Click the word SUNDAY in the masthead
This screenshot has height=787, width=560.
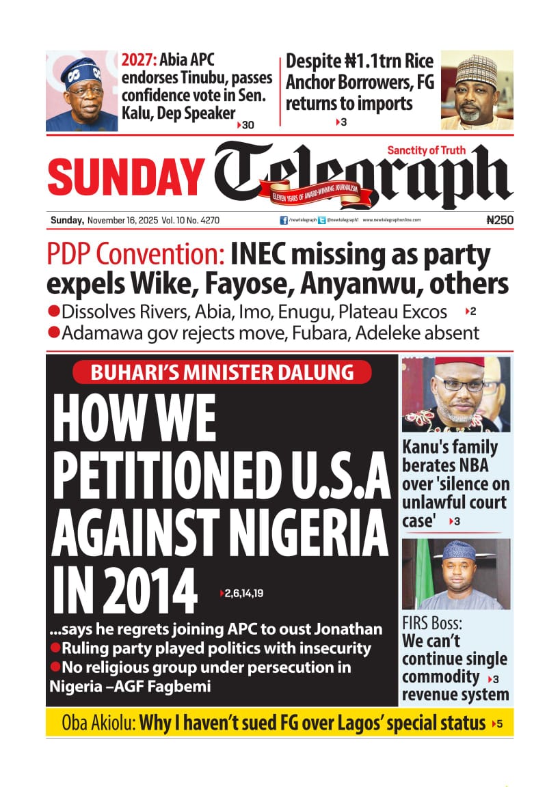[x=125, y=176]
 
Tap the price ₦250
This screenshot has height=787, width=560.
[x=498, y=221]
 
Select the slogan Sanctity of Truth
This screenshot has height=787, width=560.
[x=426, y=150]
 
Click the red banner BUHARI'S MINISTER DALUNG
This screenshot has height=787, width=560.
[x=223, y=372]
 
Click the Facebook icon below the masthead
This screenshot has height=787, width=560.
[x=284, y=221]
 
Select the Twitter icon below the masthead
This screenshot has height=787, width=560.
[x=322, y=221]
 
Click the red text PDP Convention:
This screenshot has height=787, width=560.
[x=136, y=256]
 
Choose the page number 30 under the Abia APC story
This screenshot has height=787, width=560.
[x=247, y=125]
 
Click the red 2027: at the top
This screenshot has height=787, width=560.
[x=139, y=60]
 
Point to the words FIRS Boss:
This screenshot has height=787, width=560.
[x=432, y=624]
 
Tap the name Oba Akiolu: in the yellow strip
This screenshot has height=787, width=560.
[x=98, y=723]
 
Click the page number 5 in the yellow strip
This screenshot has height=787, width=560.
[x=500, y=723]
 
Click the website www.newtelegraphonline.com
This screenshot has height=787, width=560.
[x=391, y=221]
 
